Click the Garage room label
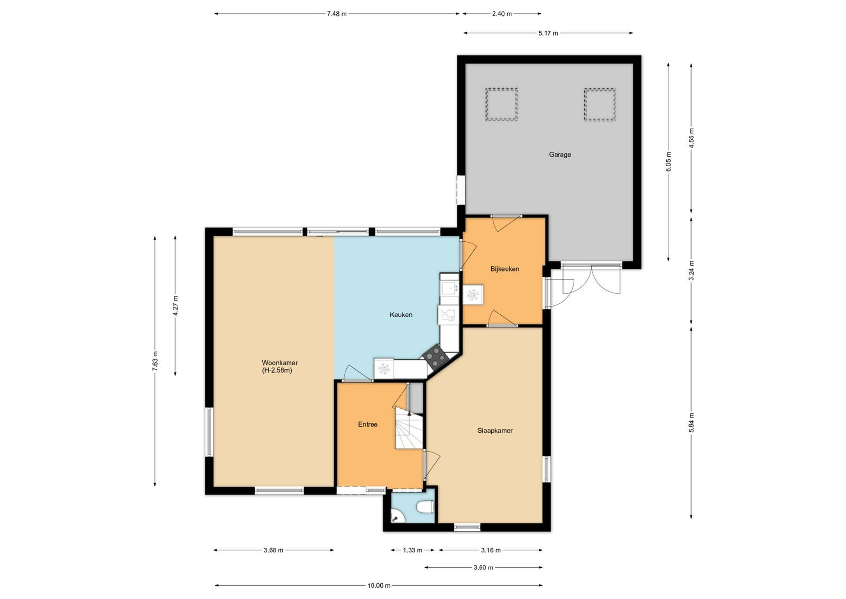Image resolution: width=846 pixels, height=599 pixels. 560,154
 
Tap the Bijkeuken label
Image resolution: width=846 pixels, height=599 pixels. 504,269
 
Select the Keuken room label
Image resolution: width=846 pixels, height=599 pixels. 401,314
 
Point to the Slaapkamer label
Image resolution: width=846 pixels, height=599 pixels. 495,430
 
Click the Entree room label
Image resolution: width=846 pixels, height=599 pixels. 367,424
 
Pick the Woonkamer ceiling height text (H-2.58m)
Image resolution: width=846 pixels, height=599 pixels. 277,370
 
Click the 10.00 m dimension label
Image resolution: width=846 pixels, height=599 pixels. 379,585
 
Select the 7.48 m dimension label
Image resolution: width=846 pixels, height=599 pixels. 336,14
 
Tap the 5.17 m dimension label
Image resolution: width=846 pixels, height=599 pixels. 548,33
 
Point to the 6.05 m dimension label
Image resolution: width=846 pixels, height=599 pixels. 668,162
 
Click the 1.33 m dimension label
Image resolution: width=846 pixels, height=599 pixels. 412,550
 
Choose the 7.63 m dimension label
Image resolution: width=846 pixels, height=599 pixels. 155,361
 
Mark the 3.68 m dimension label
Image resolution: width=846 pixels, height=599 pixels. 273,550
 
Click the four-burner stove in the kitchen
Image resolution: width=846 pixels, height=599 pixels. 436,356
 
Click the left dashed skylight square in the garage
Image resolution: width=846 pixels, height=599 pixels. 501,104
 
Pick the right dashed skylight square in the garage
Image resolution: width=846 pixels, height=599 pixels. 600,105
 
